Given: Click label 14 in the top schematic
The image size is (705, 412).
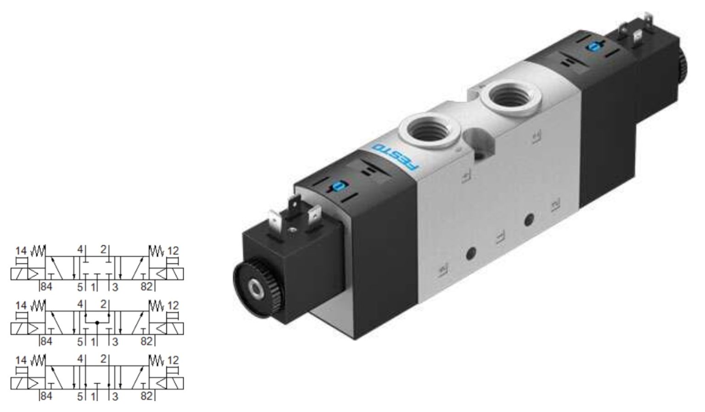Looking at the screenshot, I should [21, 251].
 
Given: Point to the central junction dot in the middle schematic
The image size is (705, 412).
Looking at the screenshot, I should [97, 323].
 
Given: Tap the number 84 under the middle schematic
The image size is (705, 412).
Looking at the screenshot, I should [46, 341].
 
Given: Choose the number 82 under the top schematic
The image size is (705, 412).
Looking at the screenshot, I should [146, 287].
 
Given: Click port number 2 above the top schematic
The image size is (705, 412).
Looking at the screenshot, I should [103, 250].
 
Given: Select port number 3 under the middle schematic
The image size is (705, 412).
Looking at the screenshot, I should [115, 342].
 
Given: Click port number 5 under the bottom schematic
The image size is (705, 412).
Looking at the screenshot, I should [80, 396].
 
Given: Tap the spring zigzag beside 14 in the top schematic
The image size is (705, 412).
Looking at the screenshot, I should [38, 251].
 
